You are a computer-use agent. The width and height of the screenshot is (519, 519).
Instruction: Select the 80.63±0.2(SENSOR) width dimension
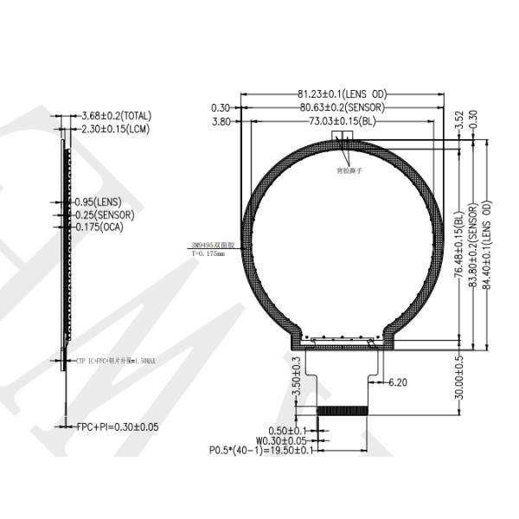coord(343,107)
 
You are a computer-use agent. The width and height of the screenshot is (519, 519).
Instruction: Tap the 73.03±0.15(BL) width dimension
coord(343,122)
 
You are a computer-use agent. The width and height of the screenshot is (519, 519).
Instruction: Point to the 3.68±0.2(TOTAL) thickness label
coord(116,115)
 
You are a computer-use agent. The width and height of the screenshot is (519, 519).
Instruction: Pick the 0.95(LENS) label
coord(99,201)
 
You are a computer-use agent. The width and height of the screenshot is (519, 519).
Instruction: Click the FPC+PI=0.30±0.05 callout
coord(118,426)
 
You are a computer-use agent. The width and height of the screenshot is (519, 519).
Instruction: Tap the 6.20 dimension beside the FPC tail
coord(399,381)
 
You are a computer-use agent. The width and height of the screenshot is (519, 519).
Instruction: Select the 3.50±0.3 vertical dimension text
coord(297,378)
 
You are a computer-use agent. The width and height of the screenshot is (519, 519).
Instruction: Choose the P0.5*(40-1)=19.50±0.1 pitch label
coord(263,450)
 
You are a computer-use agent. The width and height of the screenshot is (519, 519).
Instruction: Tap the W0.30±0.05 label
coord(282,440)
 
